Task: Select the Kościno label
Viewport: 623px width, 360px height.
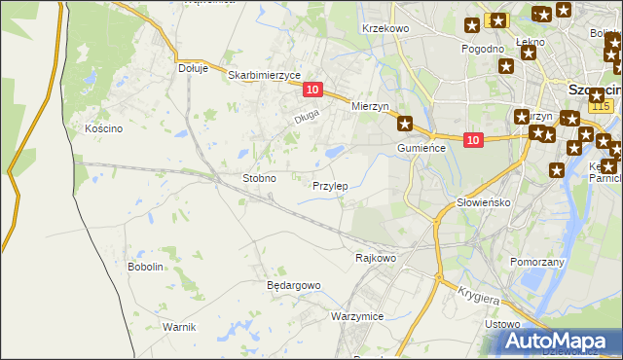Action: click(x=102, y=128)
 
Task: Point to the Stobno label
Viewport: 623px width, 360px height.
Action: click(x=259, y=179)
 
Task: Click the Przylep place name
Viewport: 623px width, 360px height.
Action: click(x=330, y=186)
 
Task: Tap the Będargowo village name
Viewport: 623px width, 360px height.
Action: click(x=293, y=285)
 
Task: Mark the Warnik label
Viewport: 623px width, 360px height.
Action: click(x=180, y=326)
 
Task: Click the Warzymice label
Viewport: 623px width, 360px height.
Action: click(x=357, y=317)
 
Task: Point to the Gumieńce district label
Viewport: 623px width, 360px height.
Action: click(x=421, y=147)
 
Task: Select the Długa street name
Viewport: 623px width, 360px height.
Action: click(x=308, y=120)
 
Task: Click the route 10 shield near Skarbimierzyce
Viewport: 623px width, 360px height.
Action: click(x=311, y=90)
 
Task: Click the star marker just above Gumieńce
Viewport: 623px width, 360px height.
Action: click(x=405, y=124)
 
